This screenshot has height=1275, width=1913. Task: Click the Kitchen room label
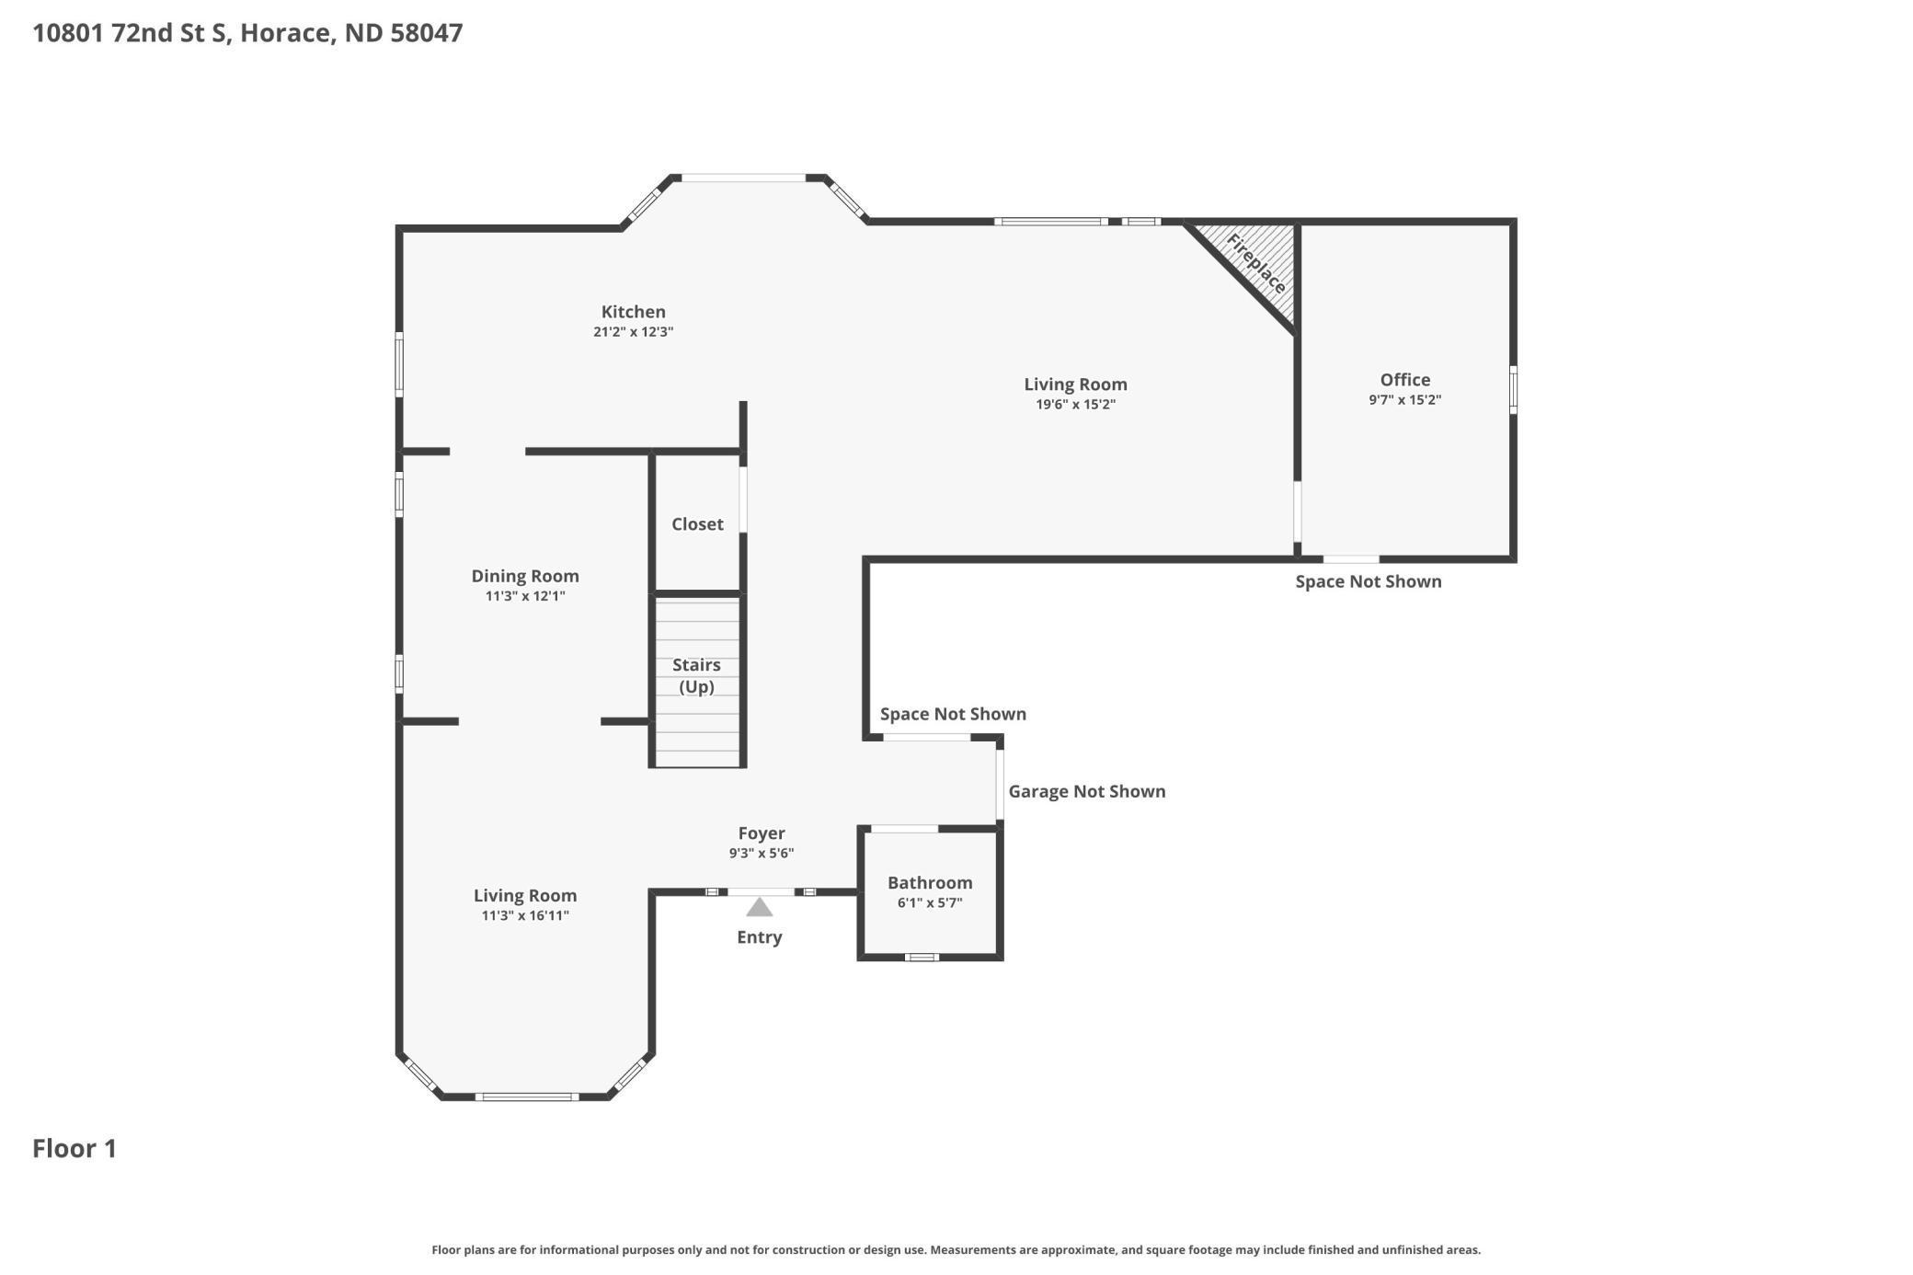[x=633, y=312]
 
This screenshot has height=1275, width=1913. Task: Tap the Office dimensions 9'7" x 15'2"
[x=1404, y=400]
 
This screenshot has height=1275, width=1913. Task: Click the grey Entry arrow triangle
[x=759, y=908]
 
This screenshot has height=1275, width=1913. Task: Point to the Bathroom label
[x=930, y=883]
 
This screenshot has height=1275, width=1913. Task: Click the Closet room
[x=697, y=524]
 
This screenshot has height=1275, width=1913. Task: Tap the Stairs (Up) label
[x=696, y=675]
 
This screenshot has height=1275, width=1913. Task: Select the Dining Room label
[x=525, y=576]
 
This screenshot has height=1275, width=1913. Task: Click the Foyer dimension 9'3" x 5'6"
[x=762, y=854]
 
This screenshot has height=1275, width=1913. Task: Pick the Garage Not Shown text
[x=1086, y=791]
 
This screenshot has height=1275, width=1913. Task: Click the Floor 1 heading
[x=74, y=1148]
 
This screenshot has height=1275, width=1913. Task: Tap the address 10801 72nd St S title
[x=247, y=33]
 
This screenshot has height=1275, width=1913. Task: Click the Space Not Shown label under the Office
[x=1368, y=581]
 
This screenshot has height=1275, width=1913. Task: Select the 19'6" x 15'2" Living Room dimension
[x=1075, y=405]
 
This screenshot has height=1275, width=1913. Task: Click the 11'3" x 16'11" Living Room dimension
[x=525, y=915]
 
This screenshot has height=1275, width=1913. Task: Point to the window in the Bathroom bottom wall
[x=922, y=958]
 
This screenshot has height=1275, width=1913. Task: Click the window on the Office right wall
[x=1513, y=389]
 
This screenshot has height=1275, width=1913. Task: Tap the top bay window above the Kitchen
[x=743, y=178]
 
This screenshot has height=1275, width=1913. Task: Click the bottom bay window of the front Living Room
[x=527, y=1097]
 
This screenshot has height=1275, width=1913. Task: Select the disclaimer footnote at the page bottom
[x=956, y=1249]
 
